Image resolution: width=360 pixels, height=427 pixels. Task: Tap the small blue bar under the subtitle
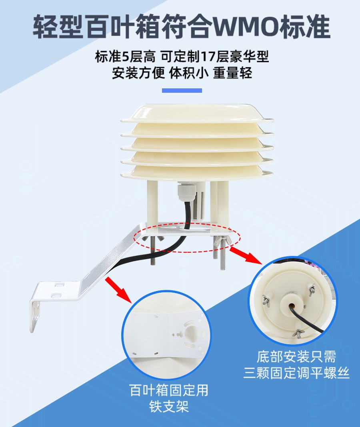182,90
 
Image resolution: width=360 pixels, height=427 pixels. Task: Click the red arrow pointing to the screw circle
247,255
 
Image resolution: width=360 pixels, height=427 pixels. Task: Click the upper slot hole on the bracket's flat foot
58,285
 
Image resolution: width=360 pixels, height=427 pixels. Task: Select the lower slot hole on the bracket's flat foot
56,295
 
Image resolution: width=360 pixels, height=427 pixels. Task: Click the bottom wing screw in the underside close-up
298,333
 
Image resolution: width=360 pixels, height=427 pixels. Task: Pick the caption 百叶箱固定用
169,390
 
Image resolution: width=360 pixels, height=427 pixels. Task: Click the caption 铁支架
169,407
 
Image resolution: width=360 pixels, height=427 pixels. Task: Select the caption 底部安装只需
296,357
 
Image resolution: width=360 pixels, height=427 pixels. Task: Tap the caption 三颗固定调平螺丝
296,373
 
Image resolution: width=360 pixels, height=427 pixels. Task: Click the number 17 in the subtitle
207,56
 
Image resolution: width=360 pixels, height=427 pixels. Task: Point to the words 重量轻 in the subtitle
232,73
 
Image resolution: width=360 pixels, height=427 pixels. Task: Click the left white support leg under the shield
152,203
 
